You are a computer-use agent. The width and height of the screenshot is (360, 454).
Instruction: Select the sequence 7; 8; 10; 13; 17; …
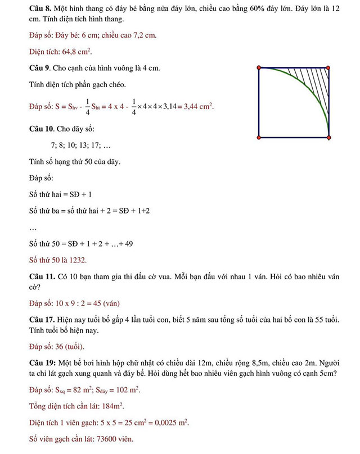[80, 146]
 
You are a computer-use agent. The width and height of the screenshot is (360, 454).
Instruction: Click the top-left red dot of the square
[259, 68]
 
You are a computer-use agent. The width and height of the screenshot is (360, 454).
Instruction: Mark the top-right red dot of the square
[328, 68]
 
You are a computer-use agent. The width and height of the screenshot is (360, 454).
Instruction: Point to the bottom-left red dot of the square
[259, 137]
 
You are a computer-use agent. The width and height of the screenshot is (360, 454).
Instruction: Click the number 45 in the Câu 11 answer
[93, 303]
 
